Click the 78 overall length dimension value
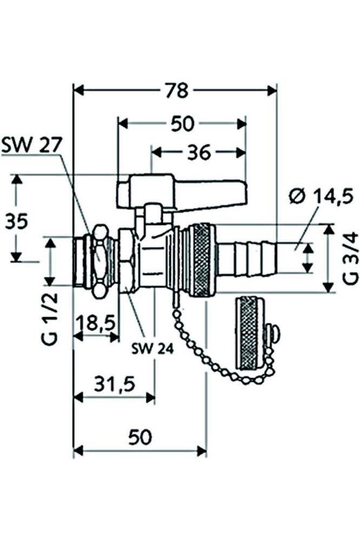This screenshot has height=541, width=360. tap(177, 90)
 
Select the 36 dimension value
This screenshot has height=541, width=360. tap(198, 153)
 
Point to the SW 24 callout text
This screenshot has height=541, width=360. tap(152, 349)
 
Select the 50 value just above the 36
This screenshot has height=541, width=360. tap(182, 124)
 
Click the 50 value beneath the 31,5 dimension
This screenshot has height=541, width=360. tap(139, 437)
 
